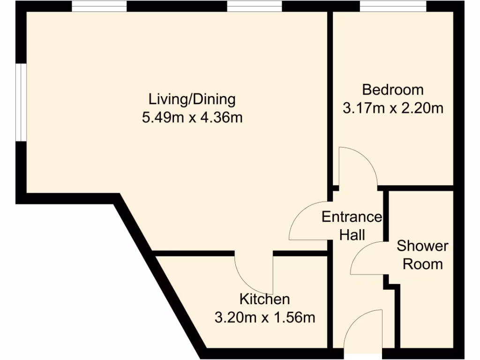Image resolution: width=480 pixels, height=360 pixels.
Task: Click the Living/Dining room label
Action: [x=192, y=99]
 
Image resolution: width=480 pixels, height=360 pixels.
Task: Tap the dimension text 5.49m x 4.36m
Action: [x=192, y=117]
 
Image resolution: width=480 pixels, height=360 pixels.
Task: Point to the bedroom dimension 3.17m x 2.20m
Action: [x=393, y=109]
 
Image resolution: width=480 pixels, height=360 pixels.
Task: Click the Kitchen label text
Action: [x=264, y=299]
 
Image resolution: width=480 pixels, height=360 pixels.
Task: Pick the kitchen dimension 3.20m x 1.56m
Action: [x=264, y=317]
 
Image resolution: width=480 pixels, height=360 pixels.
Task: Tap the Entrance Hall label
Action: [x=352, y=225]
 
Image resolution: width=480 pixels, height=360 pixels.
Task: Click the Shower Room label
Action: [x=423, y=255]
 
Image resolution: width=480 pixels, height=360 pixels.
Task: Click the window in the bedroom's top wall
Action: [x=393, y=6]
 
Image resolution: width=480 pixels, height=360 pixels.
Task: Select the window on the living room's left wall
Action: [x=20, y=102]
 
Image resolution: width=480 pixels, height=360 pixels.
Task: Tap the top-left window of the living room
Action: [x=99, y=6]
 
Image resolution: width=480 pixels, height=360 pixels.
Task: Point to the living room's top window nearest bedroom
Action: [x=254, y=6]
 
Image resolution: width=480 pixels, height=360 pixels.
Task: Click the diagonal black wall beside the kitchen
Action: [x=159, y=277]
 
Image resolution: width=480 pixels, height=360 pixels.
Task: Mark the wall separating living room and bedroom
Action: [x=330, y=94]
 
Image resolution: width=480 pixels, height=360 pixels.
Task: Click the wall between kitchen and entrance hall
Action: [x=330, y=300]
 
